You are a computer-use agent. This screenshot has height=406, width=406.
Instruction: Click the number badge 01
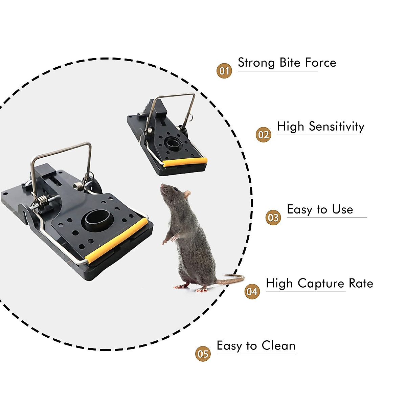(x=224, y=71)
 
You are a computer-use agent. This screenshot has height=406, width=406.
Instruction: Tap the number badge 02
(x=263, y=135)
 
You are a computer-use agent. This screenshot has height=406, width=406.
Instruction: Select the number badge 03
(x=273, y=218)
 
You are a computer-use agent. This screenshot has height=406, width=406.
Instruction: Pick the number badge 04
(x=252, y=292)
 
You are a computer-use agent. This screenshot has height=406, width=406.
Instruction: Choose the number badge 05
(x=203, y=354)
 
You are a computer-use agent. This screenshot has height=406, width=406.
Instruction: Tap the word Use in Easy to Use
(x=342, y=210)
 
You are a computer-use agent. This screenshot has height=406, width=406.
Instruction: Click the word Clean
(x=278, y=346)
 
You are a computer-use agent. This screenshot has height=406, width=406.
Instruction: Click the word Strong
(x=256, y=63)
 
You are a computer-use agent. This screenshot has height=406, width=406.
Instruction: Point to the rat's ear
(x=187, y=195)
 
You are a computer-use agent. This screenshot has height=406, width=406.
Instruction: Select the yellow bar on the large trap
(x=117, y=240)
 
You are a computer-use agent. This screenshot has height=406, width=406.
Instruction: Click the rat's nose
(x=162, y=185)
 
